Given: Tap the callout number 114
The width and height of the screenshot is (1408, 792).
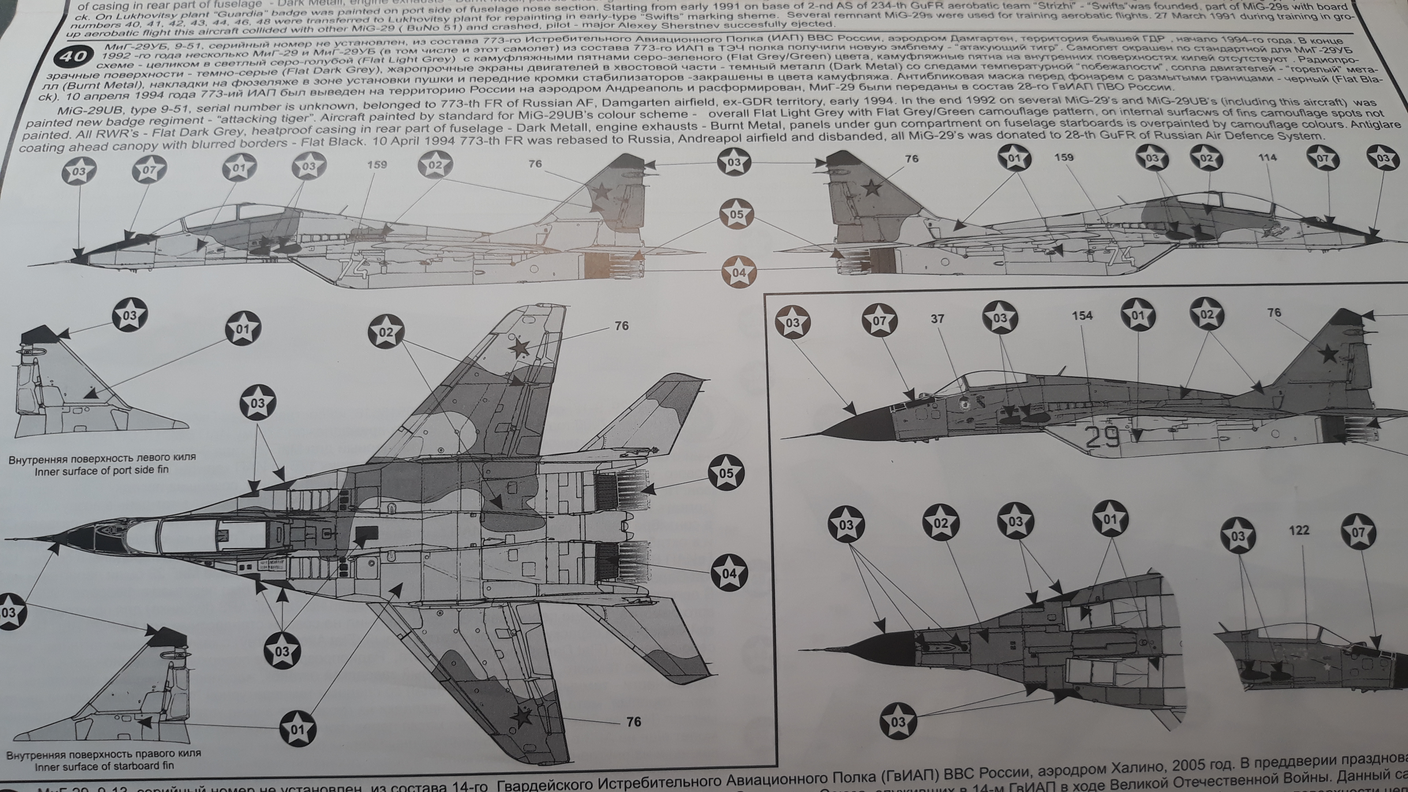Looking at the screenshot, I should pyautogui.click(x=1267, y=158).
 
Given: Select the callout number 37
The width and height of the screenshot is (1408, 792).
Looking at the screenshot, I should pyautogui.click(x=937, y=318).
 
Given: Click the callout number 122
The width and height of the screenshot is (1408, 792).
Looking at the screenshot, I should pyautogui.click(x=1299, y=530).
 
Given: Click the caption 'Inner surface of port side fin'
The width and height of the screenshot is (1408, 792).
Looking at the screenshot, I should pyautogui.click(x=102, y=470).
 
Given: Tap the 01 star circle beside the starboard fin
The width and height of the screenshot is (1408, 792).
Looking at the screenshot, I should pyautogui.click(x=297, y=729).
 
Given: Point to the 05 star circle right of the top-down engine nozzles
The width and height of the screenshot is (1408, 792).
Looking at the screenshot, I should pyautogui.click(x=726, y=473).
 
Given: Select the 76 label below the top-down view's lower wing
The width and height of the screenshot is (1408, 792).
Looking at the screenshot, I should pyautogui.click(x=633, y=722).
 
